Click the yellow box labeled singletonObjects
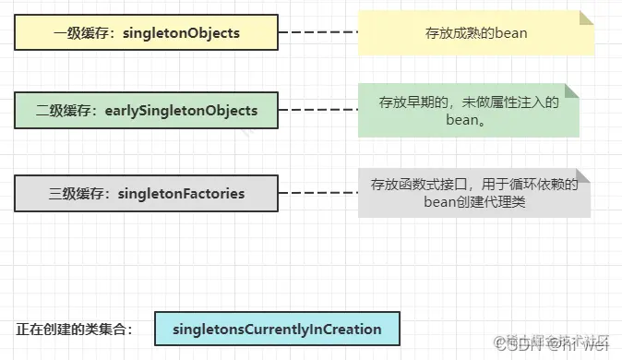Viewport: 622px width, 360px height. pos(147,32)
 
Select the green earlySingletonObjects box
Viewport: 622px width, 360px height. pos(148,111)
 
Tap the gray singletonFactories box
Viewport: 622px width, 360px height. pos(147,193)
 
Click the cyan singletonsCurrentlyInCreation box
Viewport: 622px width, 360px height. pos(276,329)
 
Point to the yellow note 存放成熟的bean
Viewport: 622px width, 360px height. pos(475,32)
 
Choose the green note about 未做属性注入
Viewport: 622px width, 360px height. pos(469,111)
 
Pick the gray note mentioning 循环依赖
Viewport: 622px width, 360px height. pos(474,193)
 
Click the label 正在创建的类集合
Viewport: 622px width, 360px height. pos(74,330)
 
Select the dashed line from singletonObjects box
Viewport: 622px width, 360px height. pos(318,32)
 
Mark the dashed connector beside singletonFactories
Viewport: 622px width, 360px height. pos(318,193)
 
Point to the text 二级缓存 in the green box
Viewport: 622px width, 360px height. pos(66,112)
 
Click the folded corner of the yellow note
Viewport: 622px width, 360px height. pos(584,18)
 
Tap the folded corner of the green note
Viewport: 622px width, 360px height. pos(572,90)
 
